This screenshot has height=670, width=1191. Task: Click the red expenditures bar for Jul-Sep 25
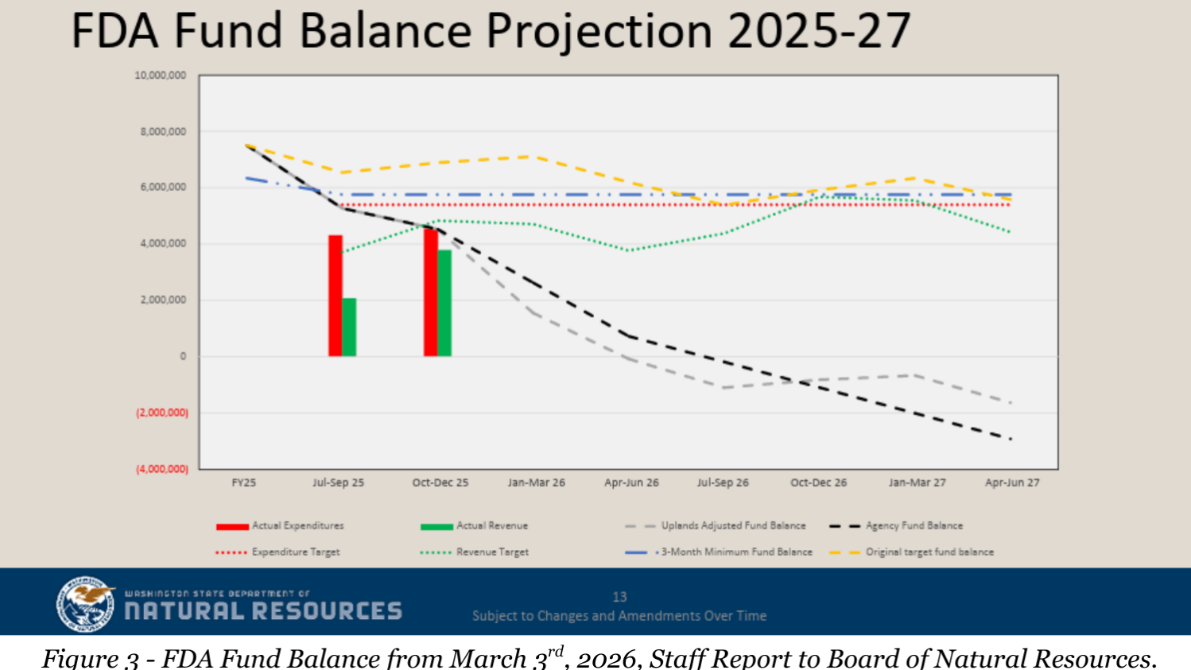336,296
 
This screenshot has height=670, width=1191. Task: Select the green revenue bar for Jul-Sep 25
349,327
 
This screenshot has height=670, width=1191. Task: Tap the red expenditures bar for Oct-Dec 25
430,292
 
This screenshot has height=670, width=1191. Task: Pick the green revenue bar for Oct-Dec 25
444,303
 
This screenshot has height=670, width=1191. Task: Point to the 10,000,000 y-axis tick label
161,76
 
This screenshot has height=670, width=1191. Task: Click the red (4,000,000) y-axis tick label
162,469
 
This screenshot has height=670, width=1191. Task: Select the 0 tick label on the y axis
183,356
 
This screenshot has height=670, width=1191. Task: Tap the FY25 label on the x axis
244,482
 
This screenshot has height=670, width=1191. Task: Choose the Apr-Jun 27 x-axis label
1012,482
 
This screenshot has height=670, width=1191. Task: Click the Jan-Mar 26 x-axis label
537,482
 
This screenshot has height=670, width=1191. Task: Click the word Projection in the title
599,32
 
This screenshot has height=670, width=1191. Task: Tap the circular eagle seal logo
85,604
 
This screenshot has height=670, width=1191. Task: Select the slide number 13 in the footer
619,597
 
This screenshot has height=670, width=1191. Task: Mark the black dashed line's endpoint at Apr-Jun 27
1011,439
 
